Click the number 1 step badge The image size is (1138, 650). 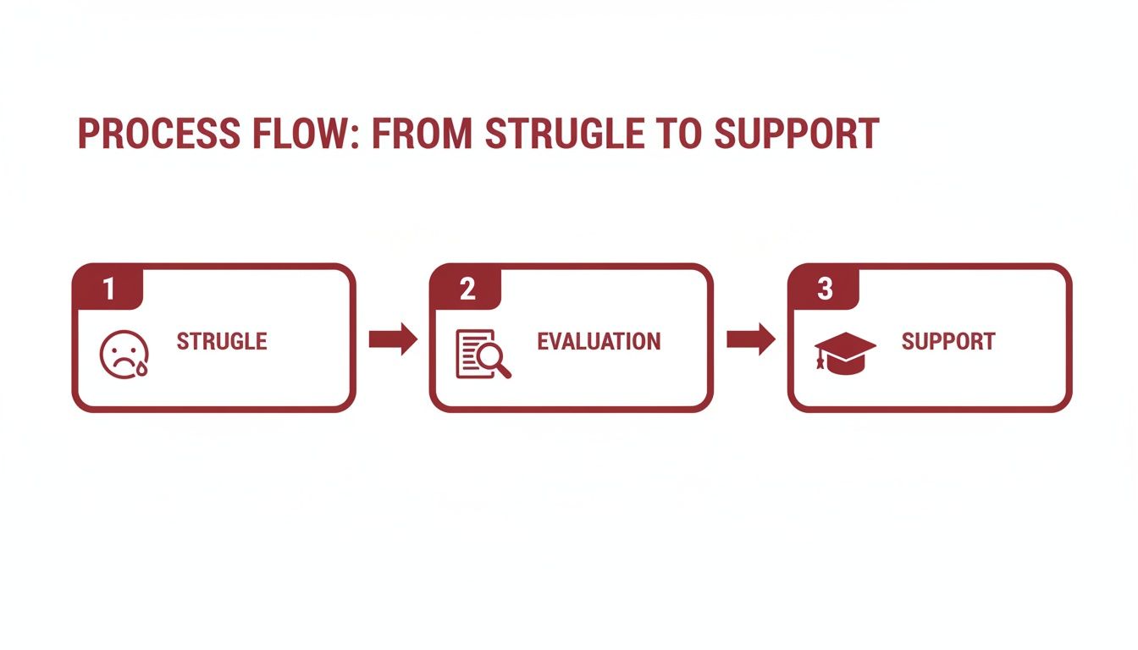click(108, 289)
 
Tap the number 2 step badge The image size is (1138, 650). click(467, 289)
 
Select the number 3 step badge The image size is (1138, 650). click(825, 289)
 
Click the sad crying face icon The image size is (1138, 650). click(124, 353)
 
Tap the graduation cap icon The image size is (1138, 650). click(843, 352)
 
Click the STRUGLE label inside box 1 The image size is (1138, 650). click(222, 342)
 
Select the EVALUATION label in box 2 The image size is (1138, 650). click(599, 342)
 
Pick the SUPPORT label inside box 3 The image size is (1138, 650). click(947, 342)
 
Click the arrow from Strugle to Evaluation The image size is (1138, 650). click(394, 339)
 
